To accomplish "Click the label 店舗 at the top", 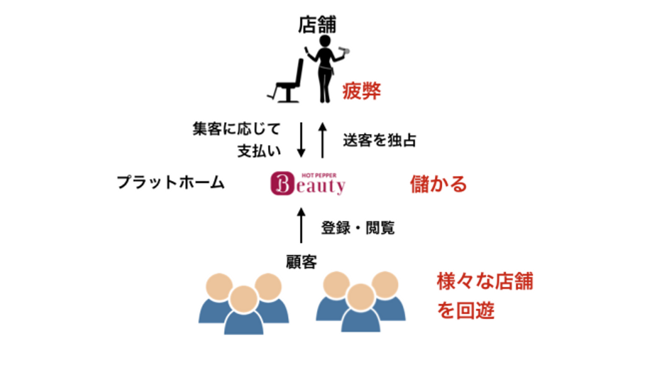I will tap(317, 25).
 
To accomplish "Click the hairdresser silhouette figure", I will tap(324, 68).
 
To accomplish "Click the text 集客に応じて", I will tap(237, 129).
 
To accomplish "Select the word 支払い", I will tap(259, 151).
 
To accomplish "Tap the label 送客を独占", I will tap(379, 140).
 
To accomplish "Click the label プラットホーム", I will tap(171, 183).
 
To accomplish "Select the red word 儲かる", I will tap(438, 184).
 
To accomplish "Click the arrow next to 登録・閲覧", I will tap(300, 224).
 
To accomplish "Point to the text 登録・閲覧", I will tap(358, 228).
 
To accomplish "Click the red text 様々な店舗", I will tap(484, 282).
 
